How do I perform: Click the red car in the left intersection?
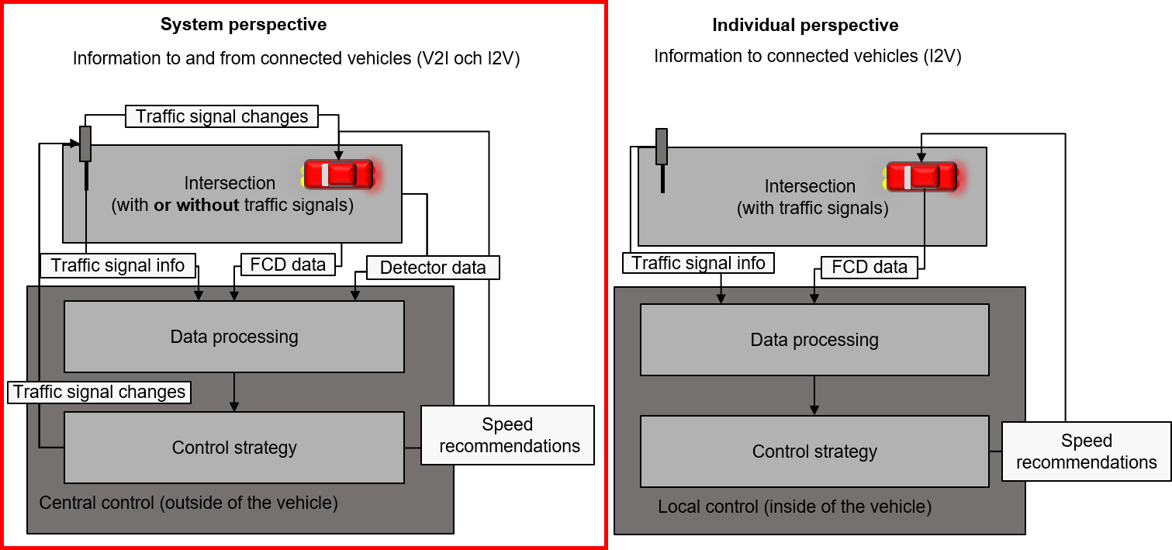(338, 175)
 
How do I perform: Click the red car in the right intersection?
(921, 177)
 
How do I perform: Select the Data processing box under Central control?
(234, 337)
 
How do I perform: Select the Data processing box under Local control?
(814, 340)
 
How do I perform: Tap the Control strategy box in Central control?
(234, 448)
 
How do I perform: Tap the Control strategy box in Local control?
(814, 451)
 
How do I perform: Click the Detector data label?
(433, 268)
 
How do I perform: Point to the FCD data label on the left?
(288, 264)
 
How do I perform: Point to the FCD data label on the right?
(869, 267)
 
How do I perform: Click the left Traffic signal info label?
(118, 265)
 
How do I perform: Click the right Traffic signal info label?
(698, 263)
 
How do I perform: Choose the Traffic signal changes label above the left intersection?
(222, 116)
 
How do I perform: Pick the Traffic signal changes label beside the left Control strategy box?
(99, 392)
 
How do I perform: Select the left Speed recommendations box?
(508, 435)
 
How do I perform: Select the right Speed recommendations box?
(1086, 451)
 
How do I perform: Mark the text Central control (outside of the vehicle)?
(188, 503)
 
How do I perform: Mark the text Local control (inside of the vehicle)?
(794, 507)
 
